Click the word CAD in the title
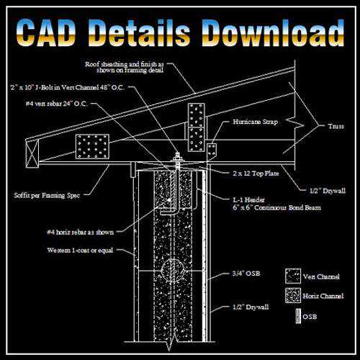(46, 33)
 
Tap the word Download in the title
(273, 33)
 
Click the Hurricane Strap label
(256, 122)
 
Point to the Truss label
(336, 126)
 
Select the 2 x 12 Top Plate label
(256, 174)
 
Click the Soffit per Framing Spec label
(47, 196)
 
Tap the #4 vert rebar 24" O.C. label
(57, 104)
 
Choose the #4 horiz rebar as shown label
(81, 233)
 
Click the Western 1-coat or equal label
(80, 251)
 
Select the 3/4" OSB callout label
(246, 274)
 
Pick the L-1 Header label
(248, 199)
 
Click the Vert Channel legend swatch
(293, 276)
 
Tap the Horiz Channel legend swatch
(293, 295)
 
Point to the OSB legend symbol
(298, 316)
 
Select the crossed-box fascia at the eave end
(32, 153)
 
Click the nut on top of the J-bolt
(178, 158)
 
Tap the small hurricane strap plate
(212, 152)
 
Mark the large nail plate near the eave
(92, 146)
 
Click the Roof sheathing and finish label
(125, 67)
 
